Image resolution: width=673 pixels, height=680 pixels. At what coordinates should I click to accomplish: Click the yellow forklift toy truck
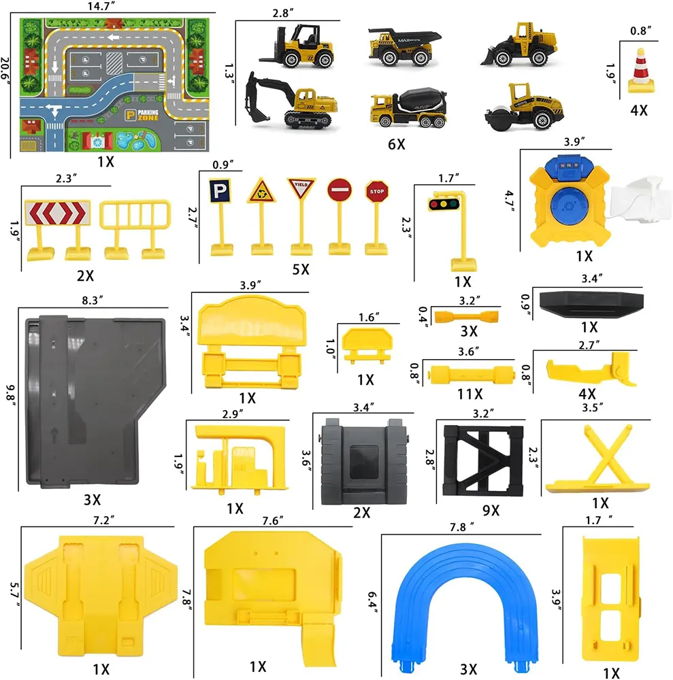click(x=299, y=46)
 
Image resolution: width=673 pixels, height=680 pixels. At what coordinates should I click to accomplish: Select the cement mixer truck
click(x=408, y=108)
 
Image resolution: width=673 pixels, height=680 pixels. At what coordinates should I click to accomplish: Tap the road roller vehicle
click(x=524, y=107)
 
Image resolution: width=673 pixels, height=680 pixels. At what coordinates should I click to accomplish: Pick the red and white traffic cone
click(x=640, y=71)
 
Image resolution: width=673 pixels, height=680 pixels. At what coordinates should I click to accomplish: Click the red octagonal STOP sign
click(x=376, y=191)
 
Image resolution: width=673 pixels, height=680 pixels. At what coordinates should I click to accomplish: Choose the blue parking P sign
click(x=220, y=191)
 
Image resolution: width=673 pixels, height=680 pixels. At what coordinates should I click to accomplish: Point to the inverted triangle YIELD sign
click(x=301, y=188)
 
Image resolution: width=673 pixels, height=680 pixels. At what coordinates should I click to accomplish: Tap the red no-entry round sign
click(x=340, y=190)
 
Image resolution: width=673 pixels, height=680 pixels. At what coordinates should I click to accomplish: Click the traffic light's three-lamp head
click(x=444, y=203)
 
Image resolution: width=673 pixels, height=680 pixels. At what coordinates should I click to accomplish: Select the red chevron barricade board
click(x=58, y=212)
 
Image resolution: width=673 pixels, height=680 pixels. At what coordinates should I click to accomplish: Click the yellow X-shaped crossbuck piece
click(x=598, y=459)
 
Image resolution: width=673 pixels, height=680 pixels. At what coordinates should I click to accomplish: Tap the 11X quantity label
click(x=470, y=394)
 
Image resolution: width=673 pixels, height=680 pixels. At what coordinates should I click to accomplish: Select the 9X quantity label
click(x=491, y=510)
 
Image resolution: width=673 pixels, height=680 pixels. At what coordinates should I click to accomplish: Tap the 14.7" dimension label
click(x=101, y=6)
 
